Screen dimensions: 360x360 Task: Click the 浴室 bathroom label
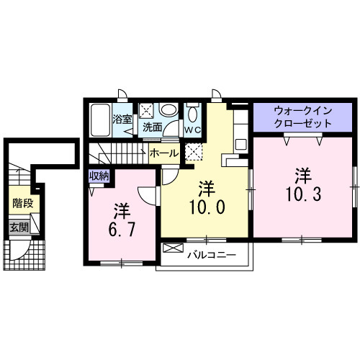coord(122,119)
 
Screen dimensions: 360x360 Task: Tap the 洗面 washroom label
coord(152,127)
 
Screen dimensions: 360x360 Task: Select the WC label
coord(192,130)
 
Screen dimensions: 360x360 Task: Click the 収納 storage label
coord(99,176)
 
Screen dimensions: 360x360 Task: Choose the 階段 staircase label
coord(21,204)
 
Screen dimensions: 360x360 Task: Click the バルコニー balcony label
coord(212,255)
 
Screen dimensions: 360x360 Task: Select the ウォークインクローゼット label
coord(302,117)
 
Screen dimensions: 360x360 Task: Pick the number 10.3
coord(302,193)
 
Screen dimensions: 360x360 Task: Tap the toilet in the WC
coord(192,115)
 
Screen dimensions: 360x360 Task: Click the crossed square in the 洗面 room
coord(146,111)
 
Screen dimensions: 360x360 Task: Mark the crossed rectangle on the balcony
coord(174,248)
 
